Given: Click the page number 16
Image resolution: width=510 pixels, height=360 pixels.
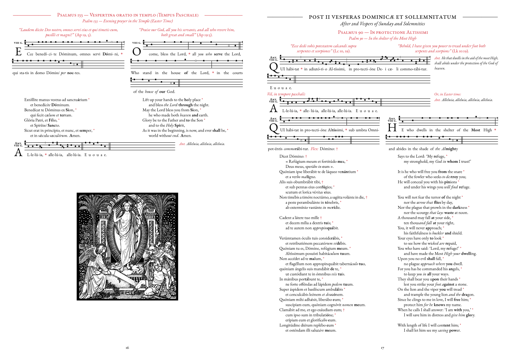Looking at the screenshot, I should pyautogui.click(x=127, y=347).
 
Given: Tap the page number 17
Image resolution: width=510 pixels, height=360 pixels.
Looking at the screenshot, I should pyautogui.click(x=382, y=347).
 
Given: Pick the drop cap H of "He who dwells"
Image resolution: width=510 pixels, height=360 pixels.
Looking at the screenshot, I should pyautogui.click(x=392, y=128).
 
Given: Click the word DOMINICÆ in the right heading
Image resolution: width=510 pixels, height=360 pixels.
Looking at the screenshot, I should pyautogui.click(x=384, y=17).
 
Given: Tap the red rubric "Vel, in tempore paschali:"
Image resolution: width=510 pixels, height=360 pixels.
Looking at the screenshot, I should pyautogui.click(x=286, y=94).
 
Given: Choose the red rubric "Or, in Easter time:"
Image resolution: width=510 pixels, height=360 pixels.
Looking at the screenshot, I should pyautogui.click(x=447, y=94).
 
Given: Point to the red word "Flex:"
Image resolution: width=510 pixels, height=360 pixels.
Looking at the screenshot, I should pyautogui.click(x=314, y=149).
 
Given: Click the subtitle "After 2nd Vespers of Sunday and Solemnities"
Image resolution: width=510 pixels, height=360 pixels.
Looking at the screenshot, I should pyautogui.click(x=382, y=24).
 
